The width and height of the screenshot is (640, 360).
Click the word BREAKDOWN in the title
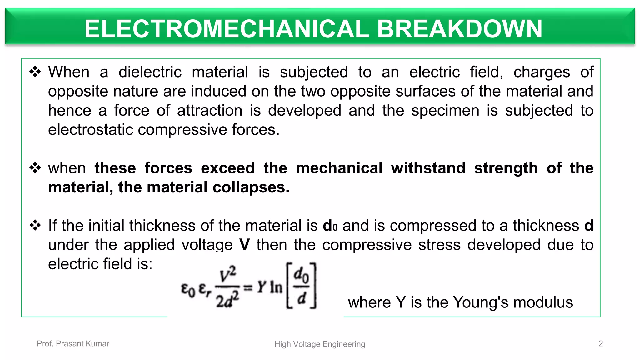pos(459,29)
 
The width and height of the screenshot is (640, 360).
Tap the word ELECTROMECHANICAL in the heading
pos(227,29)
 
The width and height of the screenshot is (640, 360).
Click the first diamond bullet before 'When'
pos(35,72)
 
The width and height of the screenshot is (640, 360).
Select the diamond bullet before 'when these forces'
pos(35,168)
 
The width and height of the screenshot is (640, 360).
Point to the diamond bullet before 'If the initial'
pos(35,225)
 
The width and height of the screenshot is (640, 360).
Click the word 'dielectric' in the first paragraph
pos(150,72)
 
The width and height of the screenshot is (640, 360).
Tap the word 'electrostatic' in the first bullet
pos(90,129)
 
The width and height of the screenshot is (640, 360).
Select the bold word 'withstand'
pos(428,168)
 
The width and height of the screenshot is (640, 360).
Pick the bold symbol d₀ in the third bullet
pos(330,226)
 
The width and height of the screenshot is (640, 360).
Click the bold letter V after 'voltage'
pos(244,245)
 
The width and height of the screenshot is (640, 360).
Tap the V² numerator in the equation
pos(227,275)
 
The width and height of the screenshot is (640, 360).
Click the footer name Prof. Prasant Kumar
pos(73,344)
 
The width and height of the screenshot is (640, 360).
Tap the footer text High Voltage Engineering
pos(320,344)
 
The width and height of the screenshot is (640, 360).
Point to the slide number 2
pos(601,344)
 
